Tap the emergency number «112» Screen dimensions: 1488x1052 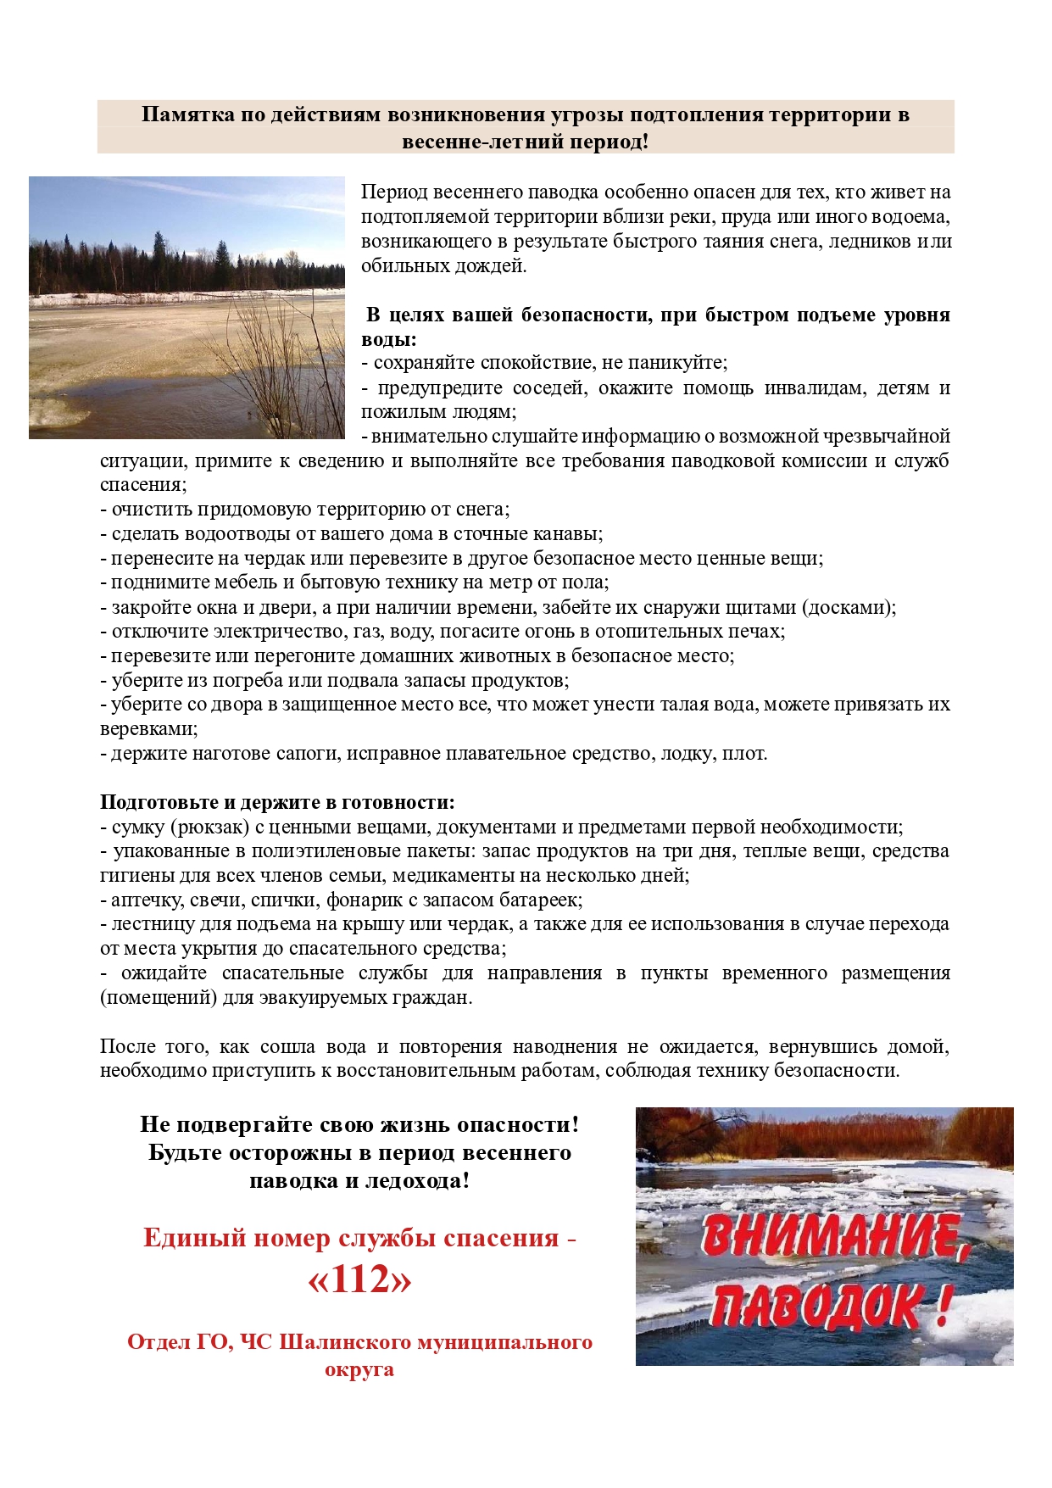point(359,1280)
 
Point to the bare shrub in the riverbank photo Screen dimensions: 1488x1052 point(271,356)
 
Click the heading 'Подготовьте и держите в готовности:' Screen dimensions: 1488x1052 point(277,802)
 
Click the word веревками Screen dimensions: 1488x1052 point(148,729)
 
